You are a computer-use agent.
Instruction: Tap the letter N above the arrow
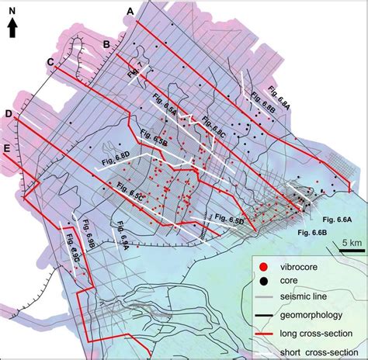coord(12,10)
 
